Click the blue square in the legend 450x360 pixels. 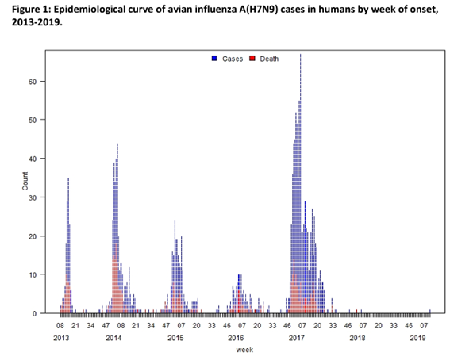tap(214, 59)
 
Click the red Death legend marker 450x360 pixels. tap(253, 59)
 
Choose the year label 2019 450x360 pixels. tap(418, 338)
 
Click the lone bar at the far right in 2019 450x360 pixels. tap(429, 311)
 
